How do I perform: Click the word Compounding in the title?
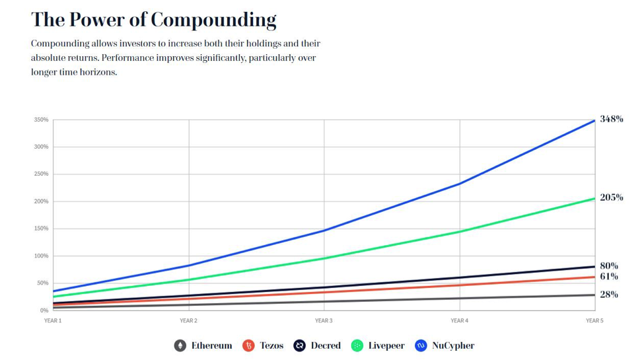click(x=213, y=20)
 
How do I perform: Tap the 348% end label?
click(x=612, y=119)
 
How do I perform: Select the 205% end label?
click(x=612, y=198)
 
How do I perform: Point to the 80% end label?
click(x=609, y=266)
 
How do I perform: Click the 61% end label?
click(x=608, y=277)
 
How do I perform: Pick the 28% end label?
click(x=609, y=295)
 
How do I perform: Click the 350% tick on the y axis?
click(x=40, y=120)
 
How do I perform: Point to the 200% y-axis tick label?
click(x=40, y=201)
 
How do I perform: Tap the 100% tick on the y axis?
click(x=40, y=256)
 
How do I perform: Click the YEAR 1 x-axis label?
click(x=52, y=320)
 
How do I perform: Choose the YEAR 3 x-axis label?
click(x=324, y=320)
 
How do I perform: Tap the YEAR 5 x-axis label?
click(x=594, y=320)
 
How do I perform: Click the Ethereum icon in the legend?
click(x=180, y=345)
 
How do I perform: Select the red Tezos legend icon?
click(x=248, y=345)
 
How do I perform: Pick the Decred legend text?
click(x=326, y=345)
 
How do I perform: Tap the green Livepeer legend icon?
click(x=357, y=345)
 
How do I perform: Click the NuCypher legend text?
click(x=453, y=345)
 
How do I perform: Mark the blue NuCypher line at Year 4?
click(x=459, y=184)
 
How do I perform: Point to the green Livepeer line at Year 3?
click(x=324, y=258)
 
